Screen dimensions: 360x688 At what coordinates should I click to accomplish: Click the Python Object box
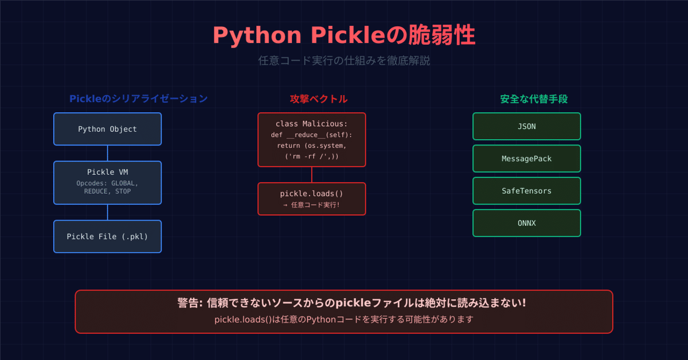click(x=107, y=129)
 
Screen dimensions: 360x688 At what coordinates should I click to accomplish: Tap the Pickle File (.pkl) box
click(x=107, y=236)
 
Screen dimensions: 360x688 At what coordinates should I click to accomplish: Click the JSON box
click(x=526, y=126)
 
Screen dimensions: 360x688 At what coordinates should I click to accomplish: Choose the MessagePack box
click(x=526, y=158)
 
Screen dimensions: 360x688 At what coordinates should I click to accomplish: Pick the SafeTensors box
click(x=526, y=191)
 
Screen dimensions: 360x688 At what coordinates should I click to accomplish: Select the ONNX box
click(x=526, y=223)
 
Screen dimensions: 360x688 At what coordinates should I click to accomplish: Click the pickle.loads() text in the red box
click(x=311, y=194)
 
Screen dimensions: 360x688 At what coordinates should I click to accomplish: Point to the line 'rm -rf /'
click(x=311, y=156)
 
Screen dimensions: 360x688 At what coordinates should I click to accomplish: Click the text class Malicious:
click(x=311, y=124)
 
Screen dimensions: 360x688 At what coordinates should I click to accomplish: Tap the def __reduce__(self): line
click(x=311, y=135)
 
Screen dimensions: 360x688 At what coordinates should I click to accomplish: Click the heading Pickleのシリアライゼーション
click(x=138, y=99)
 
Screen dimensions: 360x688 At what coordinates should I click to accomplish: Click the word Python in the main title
click(x=257, y=36)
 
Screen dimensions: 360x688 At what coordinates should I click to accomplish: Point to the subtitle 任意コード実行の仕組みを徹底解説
click(x=344, y=60)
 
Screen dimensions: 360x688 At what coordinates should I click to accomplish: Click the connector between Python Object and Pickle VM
click(x=107, y=153)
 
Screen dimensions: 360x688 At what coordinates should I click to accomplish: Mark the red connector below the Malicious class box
click(x=311, y=174)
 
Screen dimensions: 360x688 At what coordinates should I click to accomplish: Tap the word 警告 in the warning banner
click(x=189, y=303)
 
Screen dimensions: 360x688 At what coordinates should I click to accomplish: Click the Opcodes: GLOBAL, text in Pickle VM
click(x=107, y=183)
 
